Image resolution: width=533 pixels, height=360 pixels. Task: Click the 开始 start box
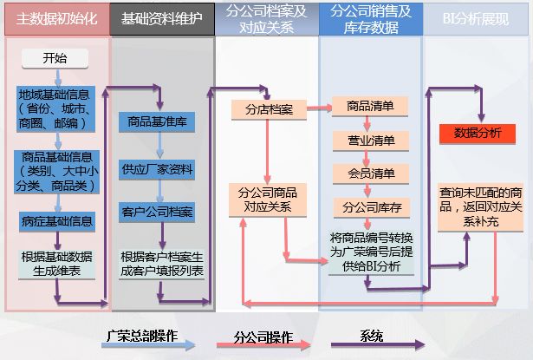pos(54,59)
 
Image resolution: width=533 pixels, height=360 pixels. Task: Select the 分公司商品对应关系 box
pos(268,200)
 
